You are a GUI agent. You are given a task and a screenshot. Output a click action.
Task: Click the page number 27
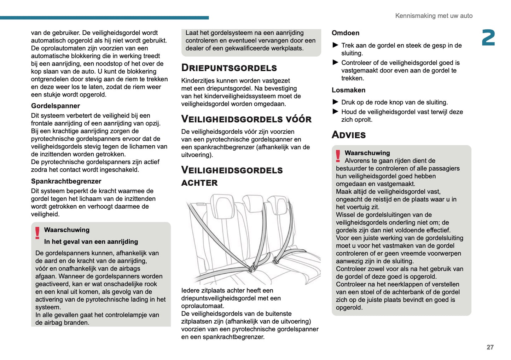490,347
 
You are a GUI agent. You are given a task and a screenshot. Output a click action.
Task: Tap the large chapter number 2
488,38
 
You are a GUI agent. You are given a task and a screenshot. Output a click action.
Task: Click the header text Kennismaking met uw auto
434,16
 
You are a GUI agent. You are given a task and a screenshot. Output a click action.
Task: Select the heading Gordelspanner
56,106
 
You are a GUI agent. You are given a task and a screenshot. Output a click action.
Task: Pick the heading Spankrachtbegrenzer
66,181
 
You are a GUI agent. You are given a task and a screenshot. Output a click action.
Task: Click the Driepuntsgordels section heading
229,68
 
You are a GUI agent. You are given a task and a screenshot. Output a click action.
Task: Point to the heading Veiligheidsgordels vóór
246,119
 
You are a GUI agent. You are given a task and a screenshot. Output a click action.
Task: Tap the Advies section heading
349,135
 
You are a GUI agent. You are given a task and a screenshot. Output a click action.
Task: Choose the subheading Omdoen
345,33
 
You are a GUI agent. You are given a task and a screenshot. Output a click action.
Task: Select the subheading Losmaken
348,90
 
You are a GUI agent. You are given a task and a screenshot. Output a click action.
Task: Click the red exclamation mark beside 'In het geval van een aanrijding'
37,233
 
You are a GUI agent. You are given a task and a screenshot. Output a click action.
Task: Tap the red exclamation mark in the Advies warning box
338,156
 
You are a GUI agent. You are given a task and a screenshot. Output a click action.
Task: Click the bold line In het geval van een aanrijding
91,242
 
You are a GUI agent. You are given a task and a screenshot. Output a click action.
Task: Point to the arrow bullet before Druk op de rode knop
335,102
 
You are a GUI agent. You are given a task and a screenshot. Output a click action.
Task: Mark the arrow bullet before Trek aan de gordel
335,45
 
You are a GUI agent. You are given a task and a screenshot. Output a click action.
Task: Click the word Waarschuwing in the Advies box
367,153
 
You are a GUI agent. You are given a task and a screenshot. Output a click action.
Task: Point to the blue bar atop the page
104,18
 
